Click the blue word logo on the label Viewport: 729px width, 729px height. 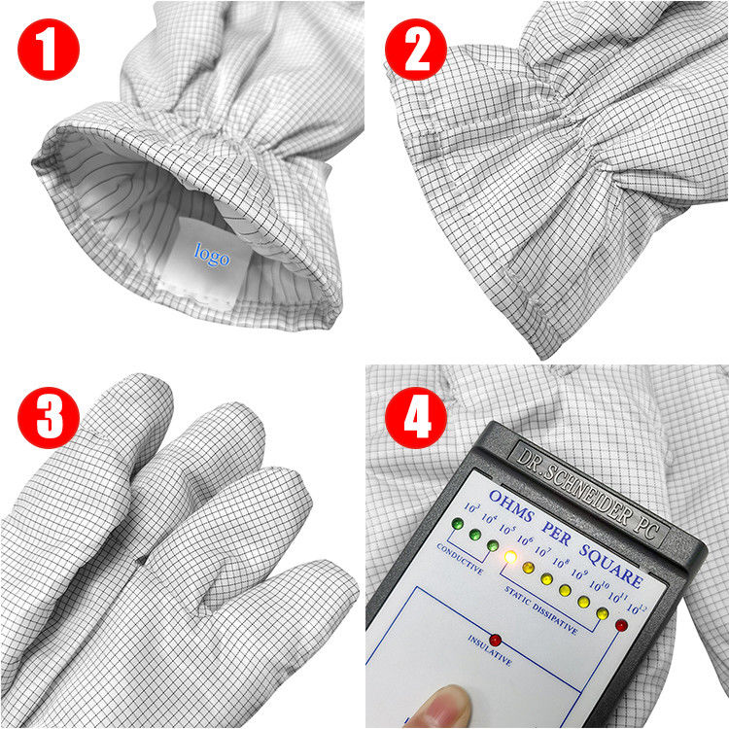coord(212,256)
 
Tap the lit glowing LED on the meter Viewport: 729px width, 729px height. coord(509,557)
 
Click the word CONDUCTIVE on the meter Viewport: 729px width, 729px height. coord(460,563)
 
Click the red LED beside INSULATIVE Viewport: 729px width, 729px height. coord(495,640)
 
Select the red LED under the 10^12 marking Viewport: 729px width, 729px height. coord(620,625)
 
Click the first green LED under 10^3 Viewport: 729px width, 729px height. coord(456,524)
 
